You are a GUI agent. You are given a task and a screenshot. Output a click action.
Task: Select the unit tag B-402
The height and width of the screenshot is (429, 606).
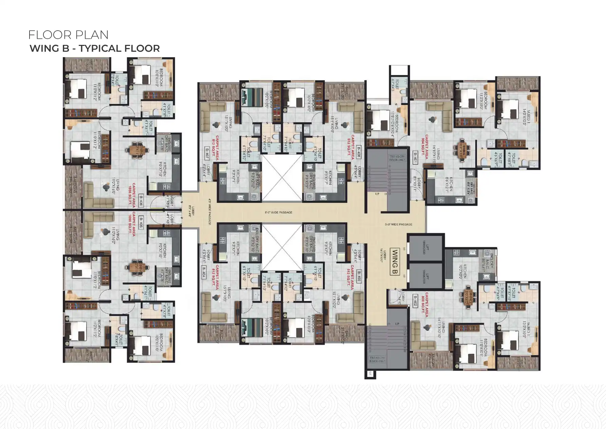click(415, 301)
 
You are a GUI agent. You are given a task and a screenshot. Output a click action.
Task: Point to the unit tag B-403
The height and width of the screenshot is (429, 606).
click(359, 274)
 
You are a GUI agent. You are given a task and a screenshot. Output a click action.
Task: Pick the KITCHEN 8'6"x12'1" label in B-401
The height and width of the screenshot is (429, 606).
click(449, 184)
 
